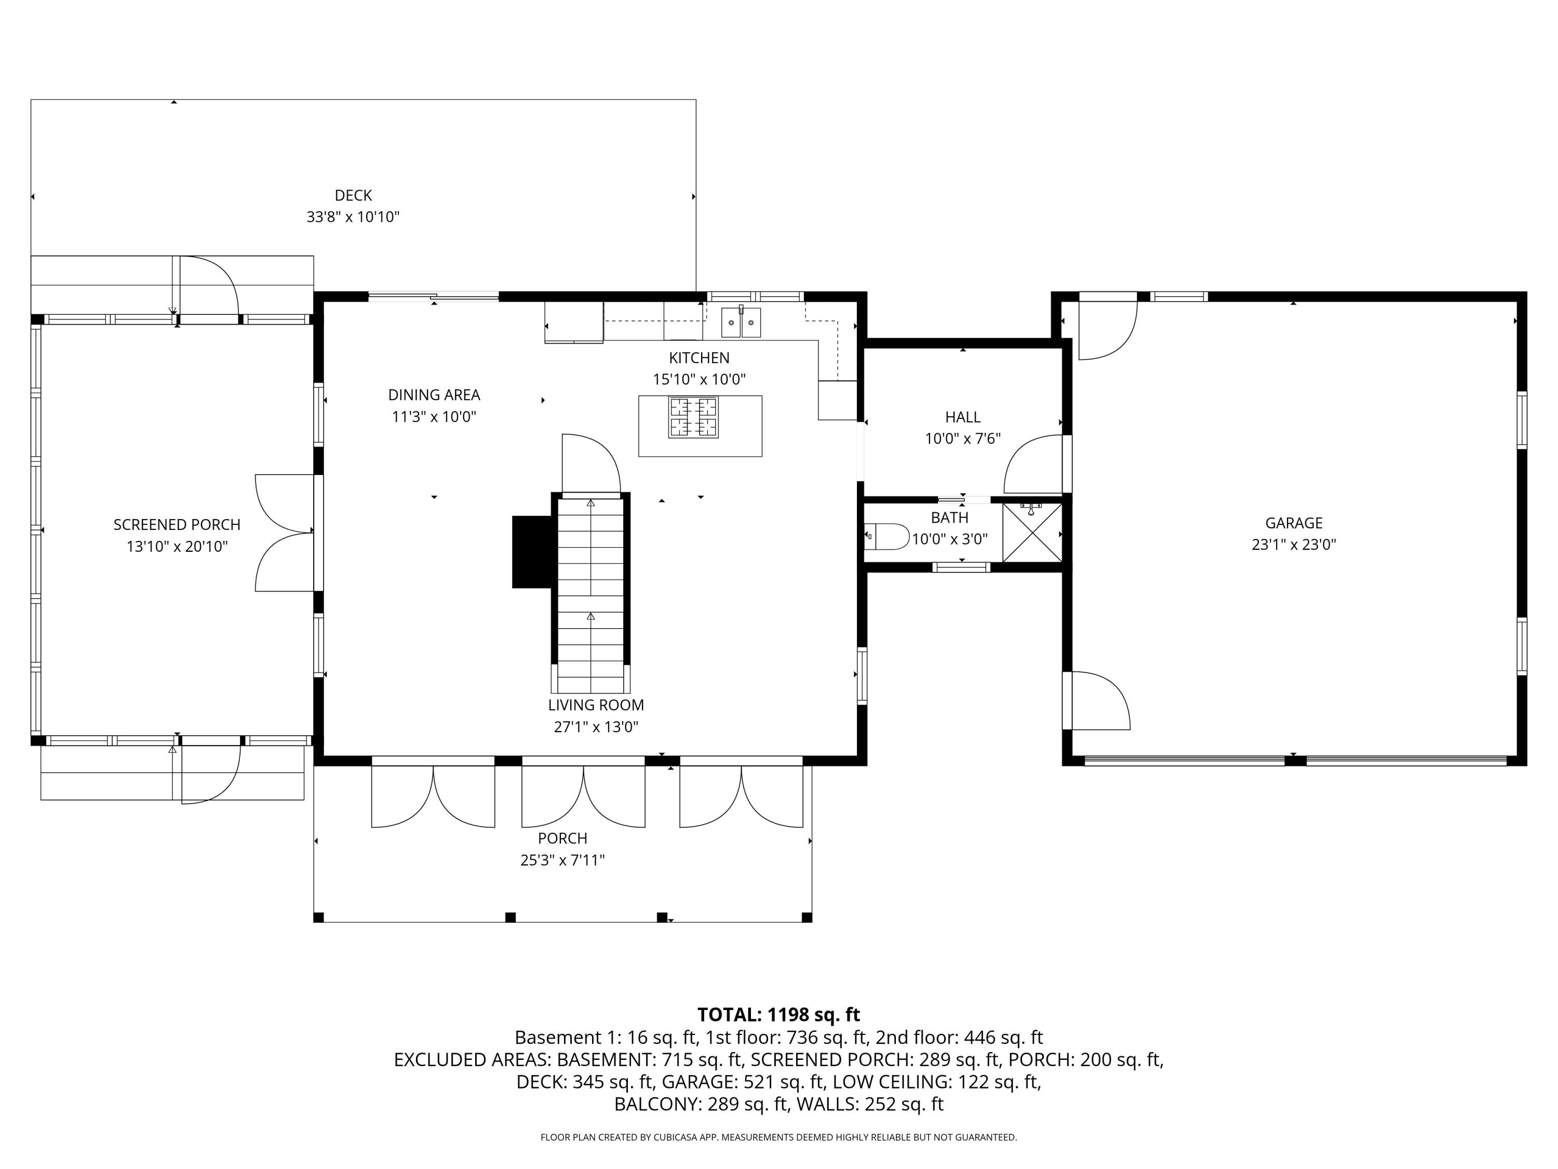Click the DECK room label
coord(353,195)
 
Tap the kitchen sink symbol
coord(740,323)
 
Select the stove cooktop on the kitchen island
coord(693,417)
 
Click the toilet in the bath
coord(888,536)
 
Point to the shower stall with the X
coord(1032,533)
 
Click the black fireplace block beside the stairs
coord(532,552)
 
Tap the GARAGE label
coord(1293,523)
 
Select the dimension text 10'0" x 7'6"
coord(962,439)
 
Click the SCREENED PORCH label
coord(177,524)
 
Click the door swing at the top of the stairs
coord(590,465)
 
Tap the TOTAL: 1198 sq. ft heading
coord(778,1015)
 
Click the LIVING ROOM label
coord(596,705)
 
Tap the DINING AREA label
coord(434,394)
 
